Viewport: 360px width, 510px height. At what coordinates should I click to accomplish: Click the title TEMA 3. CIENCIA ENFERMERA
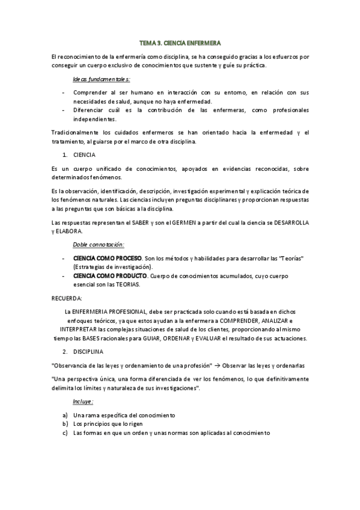[x=180, y=43]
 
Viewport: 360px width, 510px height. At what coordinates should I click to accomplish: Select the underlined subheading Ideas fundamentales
[x=101, y=79]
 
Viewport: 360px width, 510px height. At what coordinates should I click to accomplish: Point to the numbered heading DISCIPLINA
[x=88, y=350]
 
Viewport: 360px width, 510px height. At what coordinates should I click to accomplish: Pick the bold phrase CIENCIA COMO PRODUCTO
[x=110, y=275]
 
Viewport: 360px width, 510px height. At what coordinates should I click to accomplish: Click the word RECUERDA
[x=67, y=298]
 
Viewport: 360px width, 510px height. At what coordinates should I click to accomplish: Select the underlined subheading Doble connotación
[x=98, y=245]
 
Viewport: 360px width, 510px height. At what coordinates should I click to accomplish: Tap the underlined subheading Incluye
[x=83, y=401]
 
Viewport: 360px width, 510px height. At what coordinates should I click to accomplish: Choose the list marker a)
[x=64, y=415]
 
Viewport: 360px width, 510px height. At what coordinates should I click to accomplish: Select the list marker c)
[x=64, y=432]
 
